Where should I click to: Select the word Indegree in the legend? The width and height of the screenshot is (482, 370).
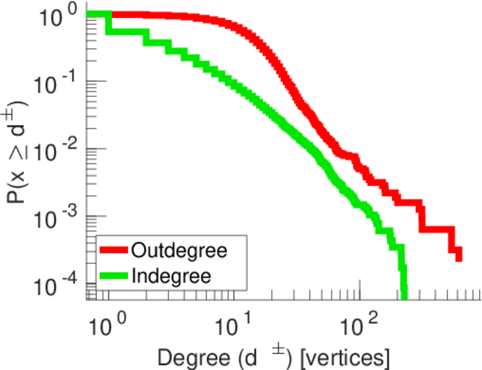click(171, 275)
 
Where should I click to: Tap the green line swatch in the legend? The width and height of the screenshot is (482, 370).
click(113, 276)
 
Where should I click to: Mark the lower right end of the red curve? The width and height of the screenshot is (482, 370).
click(459, 258)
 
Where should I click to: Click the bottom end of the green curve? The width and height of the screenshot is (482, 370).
click(404, 296)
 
